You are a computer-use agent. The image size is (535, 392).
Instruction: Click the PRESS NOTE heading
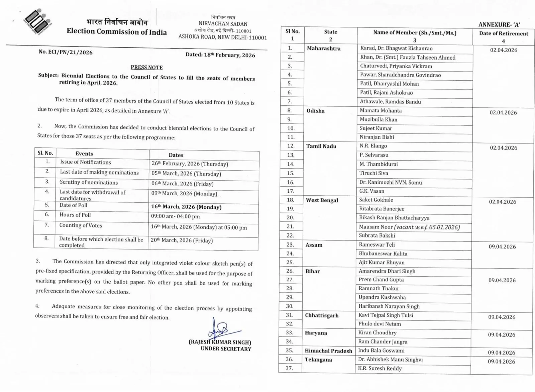[x=146, y=67]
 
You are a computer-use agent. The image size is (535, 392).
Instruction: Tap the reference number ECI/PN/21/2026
[x=66, y=52]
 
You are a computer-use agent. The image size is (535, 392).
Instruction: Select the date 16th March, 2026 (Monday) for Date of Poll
[x=186, y=207]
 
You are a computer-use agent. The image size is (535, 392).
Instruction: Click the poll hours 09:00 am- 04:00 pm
[x=175, y=216]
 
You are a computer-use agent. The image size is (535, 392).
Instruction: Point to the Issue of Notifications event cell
[x=85, y=162]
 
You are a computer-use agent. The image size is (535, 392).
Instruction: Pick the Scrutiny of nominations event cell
[x=89, y=183]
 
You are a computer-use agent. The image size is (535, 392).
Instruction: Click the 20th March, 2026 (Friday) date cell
[x=182, y=240]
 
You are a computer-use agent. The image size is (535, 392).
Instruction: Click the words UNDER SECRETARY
[x=226, y=349]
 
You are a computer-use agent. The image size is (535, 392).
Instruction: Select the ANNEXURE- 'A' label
[x=499, y=24]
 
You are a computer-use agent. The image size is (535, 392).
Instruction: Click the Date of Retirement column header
[x=503, y=33]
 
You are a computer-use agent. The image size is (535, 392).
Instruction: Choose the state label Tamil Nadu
[x=321, y=146]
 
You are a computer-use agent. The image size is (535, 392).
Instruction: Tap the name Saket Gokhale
[x=376, y=200]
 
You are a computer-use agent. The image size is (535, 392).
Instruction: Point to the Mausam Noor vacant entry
[x=409, y=227]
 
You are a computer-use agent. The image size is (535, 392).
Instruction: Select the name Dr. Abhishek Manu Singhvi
[x=390, y=360]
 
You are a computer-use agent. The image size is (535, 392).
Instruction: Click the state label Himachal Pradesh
[x=328, y=351]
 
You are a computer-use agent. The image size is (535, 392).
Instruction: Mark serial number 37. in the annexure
[x=289, y=368]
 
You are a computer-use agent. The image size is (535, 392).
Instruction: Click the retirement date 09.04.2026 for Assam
[x=502, y=247]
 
